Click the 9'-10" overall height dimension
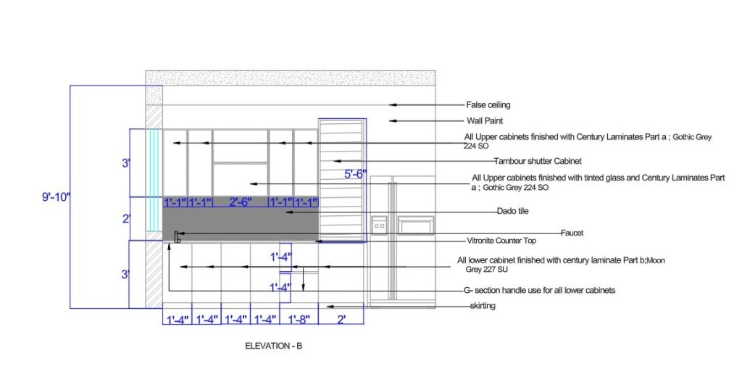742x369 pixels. [x=56, y=196]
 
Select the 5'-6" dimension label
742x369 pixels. [x=355, y=174]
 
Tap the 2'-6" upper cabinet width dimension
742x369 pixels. [x=241, y=202]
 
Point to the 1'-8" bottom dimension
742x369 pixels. [x=299, y=319]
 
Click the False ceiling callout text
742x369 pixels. [x=488, y=104]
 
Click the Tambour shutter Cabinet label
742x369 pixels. [x=538, y=161]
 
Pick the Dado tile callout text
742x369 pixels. [x=512, y=211]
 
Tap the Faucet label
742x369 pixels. [x=572, y=233]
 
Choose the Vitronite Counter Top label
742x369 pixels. [x=501, y=241]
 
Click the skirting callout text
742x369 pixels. [x=483, y=306]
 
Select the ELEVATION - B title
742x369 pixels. [x=273, y=347]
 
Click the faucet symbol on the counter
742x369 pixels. [x=178, y=237]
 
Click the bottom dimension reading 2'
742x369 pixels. [x=341, y=319]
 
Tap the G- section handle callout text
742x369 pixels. [x=539, y=290]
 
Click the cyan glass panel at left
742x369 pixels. [x=154, y=180]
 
